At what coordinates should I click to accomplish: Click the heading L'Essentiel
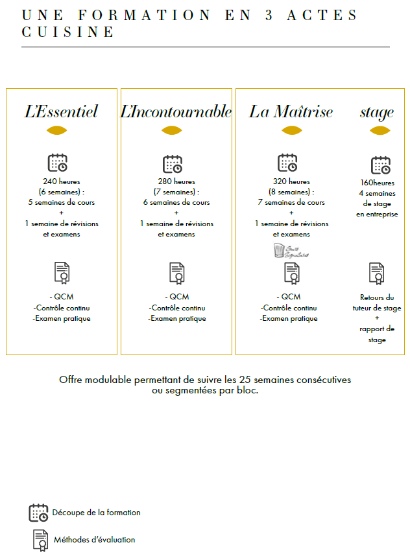(x=61, y=111)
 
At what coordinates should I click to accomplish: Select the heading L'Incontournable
(x=176, y=111)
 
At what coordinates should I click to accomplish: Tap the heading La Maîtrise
(x=291, y=111)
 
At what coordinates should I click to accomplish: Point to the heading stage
(x=377, y=112)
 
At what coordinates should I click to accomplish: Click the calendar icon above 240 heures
(x=58, y=163)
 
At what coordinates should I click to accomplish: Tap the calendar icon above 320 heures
(x=287, y=163)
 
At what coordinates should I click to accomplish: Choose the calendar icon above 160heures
(x=381, y=165)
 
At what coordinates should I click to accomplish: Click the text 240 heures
(x=62, y=181)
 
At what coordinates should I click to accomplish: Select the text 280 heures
(x=176, y=181)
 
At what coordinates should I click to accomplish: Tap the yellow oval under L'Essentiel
(x=57, y=130)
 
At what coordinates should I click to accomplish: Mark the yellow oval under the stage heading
(x=380, y=130)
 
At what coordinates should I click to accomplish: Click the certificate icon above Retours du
(x=377, y=273)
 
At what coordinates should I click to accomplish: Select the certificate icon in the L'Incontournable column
(x=177, y=273)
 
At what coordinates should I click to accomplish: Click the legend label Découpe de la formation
(x=96, y=513)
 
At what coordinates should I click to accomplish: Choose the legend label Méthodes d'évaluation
(x=95, y=539)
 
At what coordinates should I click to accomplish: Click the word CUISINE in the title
(x=68, y=32)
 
